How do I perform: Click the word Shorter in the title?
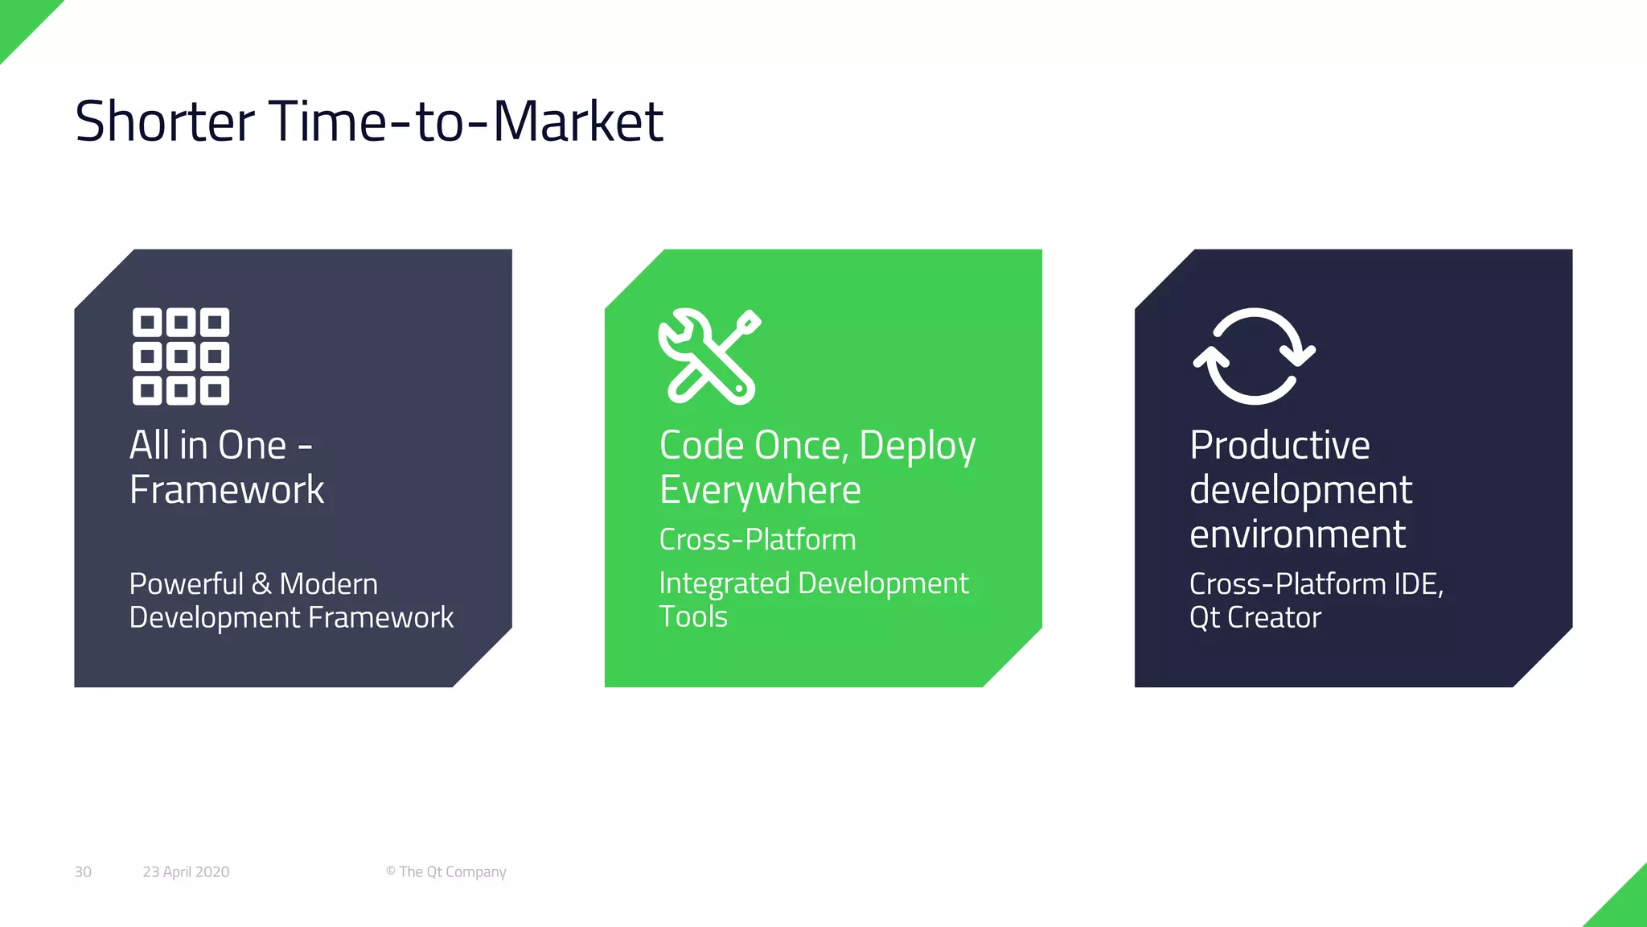point(165,122)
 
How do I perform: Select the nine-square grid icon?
point(181,356)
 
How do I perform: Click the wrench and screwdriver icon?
point(708,356)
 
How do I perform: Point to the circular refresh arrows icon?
point(1254,356)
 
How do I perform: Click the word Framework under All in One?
point(227,490)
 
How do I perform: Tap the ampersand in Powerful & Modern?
point(261,584)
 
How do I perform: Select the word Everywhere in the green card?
point(760,490)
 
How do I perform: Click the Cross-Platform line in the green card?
point(757,539)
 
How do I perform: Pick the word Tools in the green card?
point(693,617)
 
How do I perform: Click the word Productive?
point(1279,445)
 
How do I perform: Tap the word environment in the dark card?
point(1297,534)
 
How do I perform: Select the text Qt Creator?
point(1255,618)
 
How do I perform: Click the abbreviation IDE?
point(1416,584)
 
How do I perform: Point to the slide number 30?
point(83,871)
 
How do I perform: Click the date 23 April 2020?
point(186,871)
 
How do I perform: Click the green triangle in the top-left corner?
point(20,20)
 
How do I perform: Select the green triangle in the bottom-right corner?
point(1626,907)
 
